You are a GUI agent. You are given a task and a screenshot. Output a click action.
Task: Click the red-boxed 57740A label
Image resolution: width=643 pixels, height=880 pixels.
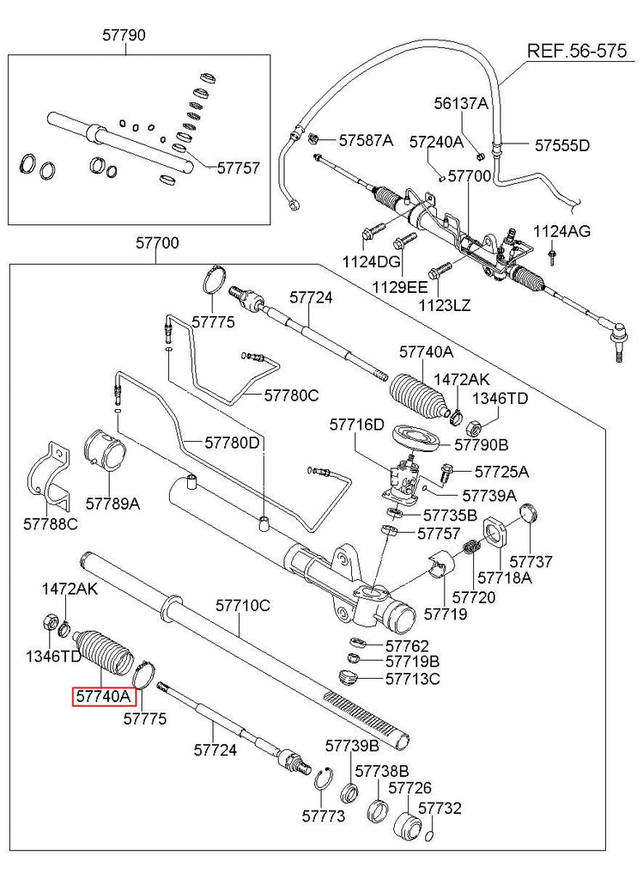[x=101, y=696]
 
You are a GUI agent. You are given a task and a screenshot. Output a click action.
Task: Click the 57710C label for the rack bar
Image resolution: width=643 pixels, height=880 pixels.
[x=242, y=606]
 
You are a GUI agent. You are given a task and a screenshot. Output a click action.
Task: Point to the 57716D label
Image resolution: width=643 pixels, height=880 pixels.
[x=357, y=425]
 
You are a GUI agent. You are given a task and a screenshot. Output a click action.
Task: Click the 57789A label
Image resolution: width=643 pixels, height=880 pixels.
[x=112, y=504]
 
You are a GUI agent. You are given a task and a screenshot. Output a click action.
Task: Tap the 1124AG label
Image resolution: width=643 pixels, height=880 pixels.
[x=561, y=231]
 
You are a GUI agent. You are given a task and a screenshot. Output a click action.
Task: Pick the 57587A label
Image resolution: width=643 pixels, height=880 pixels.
[x=365, y=140]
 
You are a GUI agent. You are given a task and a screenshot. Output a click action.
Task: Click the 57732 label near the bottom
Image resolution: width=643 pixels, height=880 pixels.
[x=440, y=809]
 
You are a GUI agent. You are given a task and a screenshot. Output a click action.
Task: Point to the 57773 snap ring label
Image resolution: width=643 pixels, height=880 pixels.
[x=323, y=814]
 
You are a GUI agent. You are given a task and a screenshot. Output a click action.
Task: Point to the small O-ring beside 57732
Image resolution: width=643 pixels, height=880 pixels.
[x=429, y=834]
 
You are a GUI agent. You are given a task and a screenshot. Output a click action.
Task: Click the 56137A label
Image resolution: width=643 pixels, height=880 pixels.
[x=460, y=104]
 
